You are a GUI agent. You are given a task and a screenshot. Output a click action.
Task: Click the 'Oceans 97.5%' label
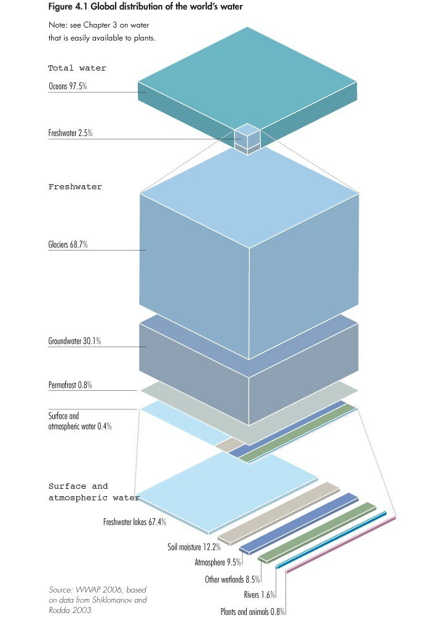[68, 86]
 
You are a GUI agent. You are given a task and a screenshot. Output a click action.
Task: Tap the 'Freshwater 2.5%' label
[70, 133]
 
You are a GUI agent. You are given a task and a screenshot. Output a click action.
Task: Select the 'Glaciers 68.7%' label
[68, 244]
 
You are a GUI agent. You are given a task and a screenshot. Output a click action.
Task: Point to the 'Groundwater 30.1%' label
[74, 341]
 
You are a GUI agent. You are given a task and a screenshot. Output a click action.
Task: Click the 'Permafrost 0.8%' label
[70, 385]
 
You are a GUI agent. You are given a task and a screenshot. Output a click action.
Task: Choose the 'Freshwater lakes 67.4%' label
[135, 522]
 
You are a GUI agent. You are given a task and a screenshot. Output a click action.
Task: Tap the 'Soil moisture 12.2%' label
[194, 547]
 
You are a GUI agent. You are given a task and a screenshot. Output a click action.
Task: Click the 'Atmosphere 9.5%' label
[218, 562]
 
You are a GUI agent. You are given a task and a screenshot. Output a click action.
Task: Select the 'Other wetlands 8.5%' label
[233, 579]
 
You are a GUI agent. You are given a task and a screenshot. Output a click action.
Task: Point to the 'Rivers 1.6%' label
[259, 595]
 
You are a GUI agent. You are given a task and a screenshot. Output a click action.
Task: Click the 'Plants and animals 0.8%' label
[252, 611]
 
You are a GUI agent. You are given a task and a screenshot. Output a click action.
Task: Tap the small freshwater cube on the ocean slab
[247, 138]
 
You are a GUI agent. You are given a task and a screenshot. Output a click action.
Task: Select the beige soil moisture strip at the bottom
[279, 513]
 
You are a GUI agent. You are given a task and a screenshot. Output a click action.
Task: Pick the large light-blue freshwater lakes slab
[226, 493]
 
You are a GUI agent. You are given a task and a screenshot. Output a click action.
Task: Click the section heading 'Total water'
[78, 68]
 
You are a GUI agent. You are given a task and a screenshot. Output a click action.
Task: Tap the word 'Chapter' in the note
[97, 25]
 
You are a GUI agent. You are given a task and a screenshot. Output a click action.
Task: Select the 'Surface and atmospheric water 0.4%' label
[80, 421]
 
